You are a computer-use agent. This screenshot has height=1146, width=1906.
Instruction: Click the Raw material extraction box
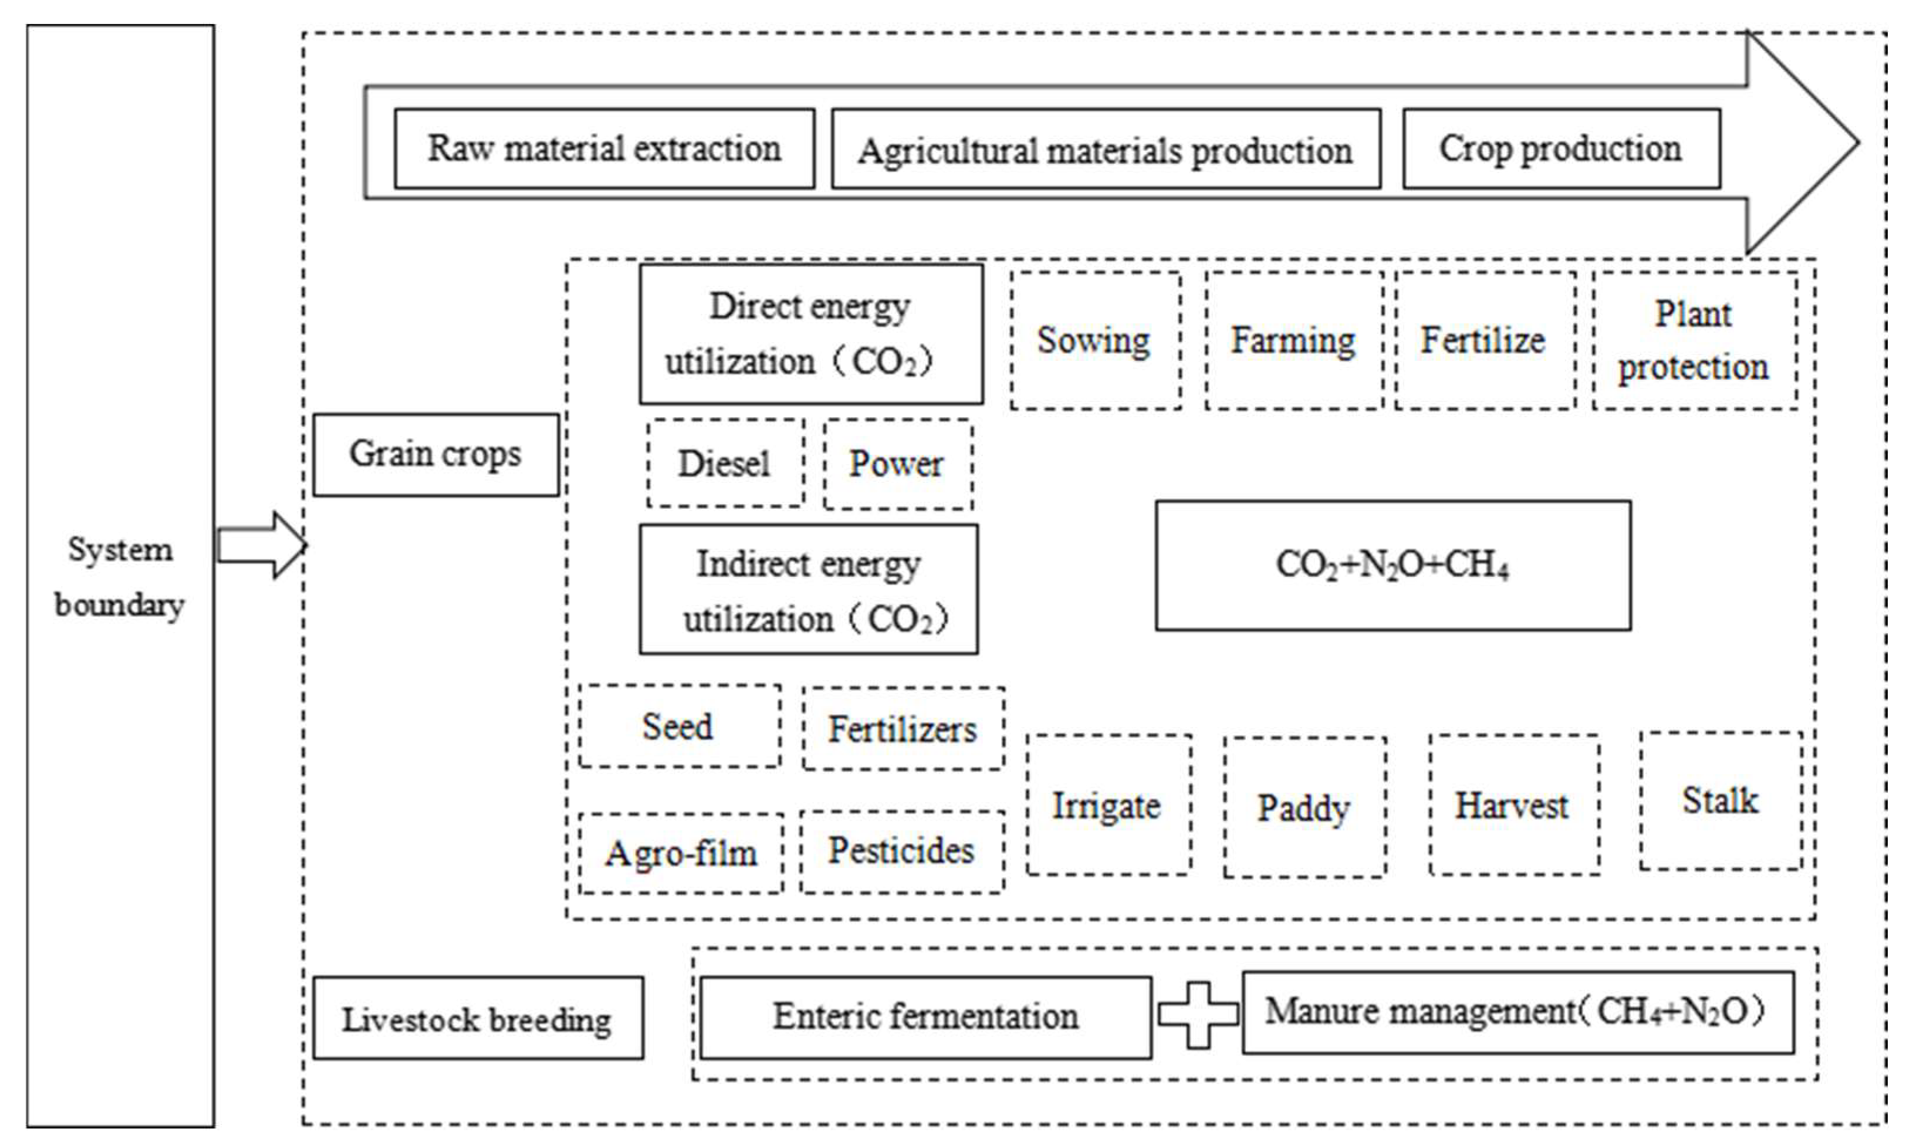604,148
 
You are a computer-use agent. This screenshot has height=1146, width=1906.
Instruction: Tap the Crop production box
1561,148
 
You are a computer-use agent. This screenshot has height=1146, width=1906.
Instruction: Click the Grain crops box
435,454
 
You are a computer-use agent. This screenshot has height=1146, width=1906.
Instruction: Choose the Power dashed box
897,464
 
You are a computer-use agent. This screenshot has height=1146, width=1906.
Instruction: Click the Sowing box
1094,340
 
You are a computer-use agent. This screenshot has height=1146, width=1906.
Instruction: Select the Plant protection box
1694,340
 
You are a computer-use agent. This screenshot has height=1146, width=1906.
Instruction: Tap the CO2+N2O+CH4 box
1393,565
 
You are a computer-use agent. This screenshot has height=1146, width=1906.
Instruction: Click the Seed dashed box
679,726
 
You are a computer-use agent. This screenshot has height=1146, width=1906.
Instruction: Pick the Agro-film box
680,853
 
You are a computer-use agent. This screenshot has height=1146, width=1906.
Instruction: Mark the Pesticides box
901,851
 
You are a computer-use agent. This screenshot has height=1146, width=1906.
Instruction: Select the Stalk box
1720,801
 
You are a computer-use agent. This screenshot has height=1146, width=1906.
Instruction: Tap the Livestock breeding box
477,1018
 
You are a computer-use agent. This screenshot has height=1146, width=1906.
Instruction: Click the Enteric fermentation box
925,1017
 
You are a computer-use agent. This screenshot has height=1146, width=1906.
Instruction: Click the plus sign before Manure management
1197,1015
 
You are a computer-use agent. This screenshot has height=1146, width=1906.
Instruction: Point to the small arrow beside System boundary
261,545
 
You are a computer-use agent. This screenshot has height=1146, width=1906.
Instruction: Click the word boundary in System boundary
120,604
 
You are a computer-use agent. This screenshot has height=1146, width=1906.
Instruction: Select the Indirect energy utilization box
808,590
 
